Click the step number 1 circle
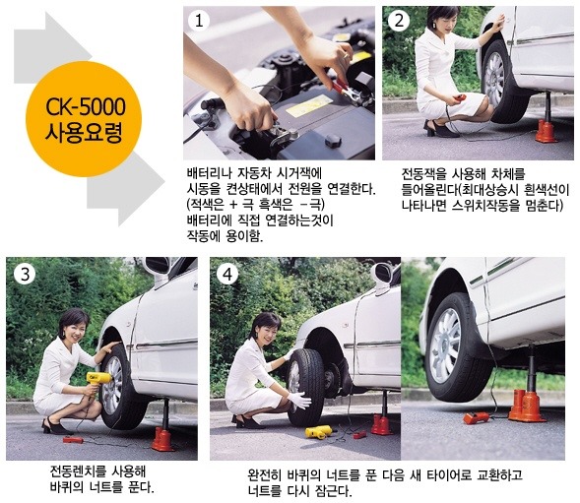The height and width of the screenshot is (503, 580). pos(199,21)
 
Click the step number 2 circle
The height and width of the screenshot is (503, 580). pos(399,21)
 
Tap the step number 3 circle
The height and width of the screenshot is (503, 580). pos(25,275)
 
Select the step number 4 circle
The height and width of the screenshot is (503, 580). pos(227,275)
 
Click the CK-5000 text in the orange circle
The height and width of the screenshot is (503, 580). pos(86,107)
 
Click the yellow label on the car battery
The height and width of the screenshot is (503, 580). pos(308,106)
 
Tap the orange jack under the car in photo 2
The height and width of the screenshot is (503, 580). pos(547,130)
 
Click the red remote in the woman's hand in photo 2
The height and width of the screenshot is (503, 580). pos(460,97)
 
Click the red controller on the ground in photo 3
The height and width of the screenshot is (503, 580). pos(73,440)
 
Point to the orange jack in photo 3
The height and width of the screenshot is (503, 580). pos(163,439)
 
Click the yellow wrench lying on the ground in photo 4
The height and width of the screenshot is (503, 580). pos(318,431)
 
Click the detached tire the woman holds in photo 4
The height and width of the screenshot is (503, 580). pos(305,387)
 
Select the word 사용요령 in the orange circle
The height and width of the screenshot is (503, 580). pos(84,132)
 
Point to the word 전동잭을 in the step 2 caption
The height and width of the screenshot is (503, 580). pos(424,173)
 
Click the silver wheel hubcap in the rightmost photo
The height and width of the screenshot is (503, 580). pos(445,346)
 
